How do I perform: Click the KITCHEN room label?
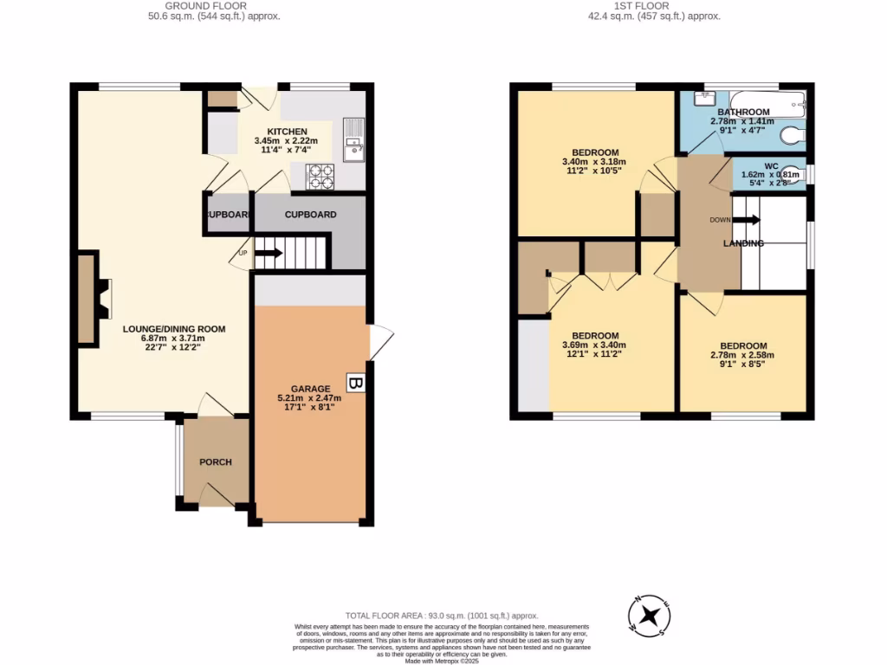point(286,132)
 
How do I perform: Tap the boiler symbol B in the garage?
point(354,383)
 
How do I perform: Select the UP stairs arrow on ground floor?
point(268,253)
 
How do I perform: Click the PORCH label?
point(216,462)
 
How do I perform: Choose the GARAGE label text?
point(309,389)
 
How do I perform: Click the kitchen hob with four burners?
point(321,176)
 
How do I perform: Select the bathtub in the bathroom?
point(767,102)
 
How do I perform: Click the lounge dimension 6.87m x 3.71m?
point(174,339)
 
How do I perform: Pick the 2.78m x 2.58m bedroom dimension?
point(742,354)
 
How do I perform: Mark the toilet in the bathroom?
point(789,136)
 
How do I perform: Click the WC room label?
point(771,165)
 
